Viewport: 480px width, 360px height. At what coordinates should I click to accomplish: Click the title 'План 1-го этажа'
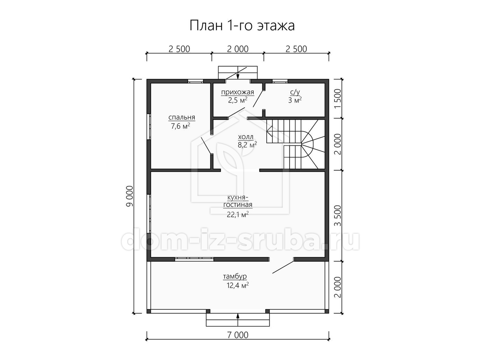coord(242,26)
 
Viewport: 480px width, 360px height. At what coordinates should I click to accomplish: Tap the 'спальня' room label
coord(182,117)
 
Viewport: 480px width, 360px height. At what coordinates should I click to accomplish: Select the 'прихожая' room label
coord(238,92)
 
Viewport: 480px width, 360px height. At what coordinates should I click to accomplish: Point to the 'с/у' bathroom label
coord(295,92)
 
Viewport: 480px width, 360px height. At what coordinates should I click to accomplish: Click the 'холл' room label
coord(246,137)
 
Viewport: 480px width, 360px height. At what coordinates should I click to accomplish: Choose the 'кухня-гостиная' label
coord(238,201)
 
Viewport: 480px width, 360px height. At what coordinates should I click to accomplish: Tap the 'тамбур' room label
coord(235,276)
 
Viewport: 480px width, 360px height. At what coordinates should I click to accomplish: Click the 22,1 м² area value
coord(238,215)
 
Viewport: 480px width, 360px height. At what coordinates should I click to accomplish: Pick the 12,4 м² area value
coord(238,285)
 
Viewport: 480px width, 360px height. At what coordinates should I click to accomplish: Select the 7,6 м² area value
coord(180,126)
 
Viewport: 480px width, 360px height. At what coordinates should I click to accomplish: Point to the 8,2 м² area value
coord(247,145)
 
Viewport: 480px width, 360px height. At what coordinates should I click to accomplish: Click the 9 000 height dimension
coord(130,196)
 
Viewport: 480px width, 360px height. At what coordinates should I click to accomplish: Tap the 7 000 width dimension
coord(238,341)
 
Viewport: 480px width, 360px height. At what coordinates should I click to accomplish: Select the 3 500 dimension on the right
coord(338,216)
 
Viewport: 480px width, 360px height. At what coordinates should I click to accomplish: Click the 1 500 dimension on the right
coord(338,99)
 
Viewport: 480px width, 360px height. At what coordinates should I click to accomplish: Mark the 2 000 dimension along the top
coord(238,49)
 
